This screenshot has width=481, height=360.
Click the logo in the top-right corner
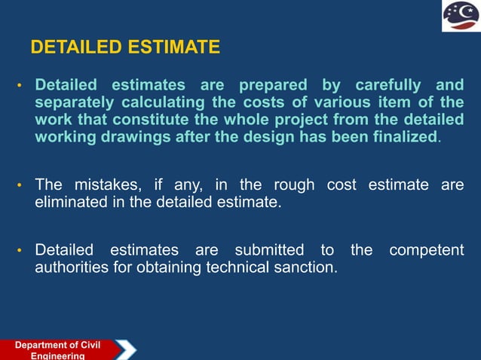460,17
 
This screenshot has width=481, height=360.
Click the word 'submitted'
268,250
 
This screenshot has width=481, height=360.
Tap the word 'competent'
426,250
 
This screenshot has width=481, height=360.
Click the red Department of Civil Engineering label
57,350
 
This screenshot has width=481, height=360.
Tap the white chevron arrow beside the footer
126,350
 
